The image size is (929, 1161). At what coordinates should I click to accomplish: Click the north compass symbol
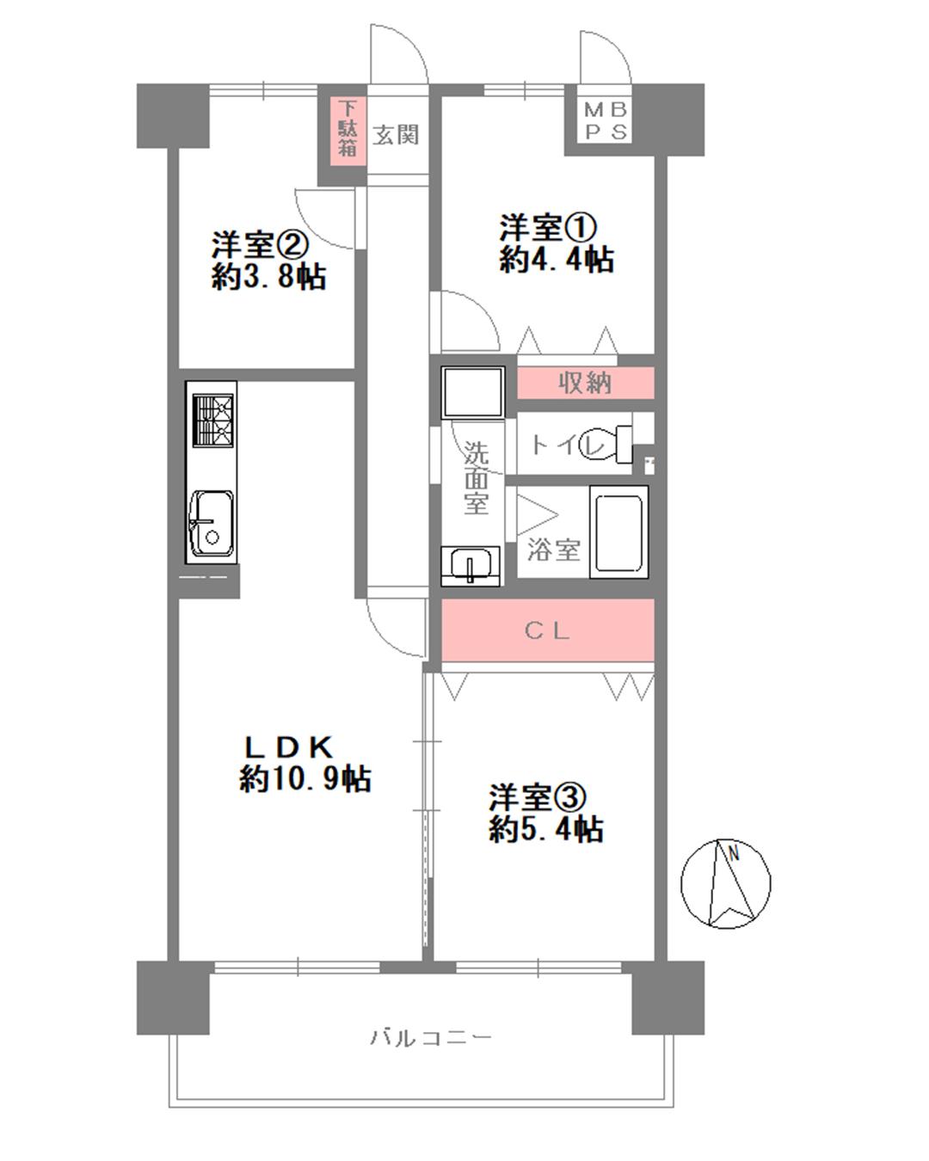click(725, 883)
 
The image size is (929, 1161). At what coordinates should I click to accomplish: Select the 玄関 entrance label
click(396, 134)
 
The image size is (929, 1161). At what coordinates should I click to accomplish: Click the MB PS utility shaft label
click(606, 121)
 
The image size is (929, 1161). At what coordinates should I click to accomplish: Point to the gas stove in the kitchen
click(213, 421)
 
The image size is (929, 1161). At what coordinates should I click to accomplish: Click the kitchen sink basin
click(211, 524)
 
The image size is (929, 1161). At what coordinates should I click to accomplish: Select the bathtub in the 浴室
click(619, 532)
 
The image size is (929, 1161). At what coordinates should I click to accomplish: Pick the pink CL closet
click(548, 630)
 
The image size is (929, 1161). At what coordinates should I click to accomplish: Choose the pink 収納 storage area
click(586, 383)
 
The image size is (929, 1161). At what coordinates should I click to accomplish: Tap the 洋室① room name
click(548, 228)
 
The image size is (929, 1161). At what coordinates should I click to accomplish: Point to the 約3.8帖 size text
click(268, 277)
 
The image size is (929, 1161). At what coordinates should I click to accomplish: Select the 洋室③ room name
click(537, 798)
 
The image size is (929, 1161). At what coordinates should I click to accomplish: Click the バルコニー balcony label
click(431, 1037)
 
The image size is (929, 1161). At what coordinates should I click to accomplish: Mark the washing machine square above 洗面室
click(473, 392)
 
